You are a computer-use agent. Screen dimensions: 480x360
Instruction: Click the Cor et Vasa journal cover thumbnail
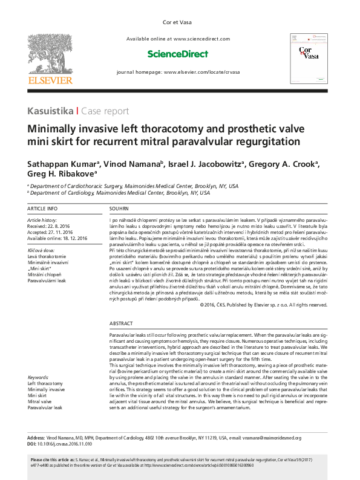click(x=303, y=57)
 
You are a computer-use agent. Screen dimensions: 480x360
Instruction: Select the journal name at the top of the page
click(x=180, y=22)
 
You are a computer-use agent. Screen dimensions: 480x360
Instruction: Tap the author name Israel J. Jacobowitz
click(x=205, y=164)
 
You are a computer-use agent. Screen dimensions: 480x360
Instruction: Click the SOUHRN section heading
click(x=119, y=208)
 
